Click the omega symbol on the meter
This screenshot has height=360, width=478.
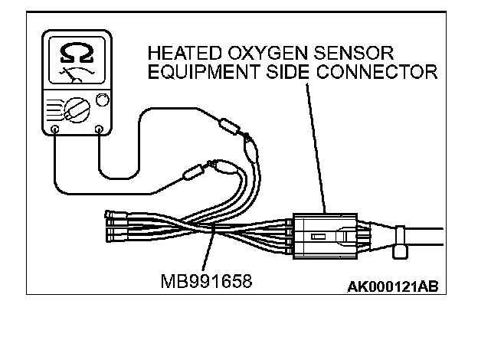click(x=77, y=54)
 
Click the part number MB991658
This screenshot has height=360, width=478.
click(x=206, y=281)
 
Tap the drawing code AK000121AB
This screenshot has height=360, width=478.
click(x=392, y=287)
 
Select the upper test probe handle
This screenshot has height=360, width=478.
click(x=228, y=126)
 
